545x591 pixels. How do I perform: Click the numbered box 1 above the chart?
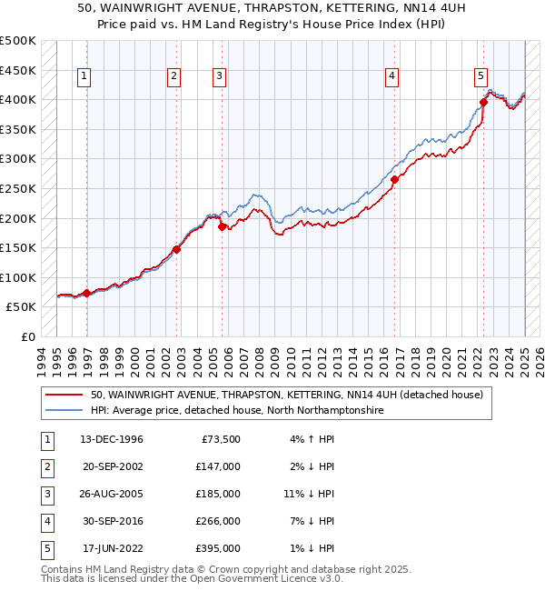(83, 77)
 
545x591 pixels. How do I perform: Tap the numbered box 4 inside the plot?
(391, 77)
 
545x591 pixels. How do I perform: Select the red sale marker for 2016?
(395, 180)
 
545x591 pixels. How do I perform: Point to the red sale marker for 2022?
(483, 103)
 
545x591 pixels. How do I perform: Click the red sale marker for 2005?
(223, 227)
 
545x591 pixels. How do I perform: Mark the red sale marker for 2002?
(176, 249)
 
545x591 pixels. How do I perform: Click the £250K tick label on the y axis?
(18, 188)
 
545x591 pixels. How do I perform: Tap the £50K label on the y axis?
(22, 307)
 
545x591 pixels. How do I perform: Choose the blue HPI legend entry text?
(236, 411)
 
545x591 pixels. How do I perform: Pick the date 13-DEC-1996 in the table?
(112, 440)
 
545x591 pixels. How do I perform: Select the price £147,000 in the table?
(220, 466)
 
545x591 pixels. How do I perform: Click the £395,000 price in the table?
(220, 548)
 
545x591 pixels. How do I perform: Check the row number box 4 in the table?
(45, 521)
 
